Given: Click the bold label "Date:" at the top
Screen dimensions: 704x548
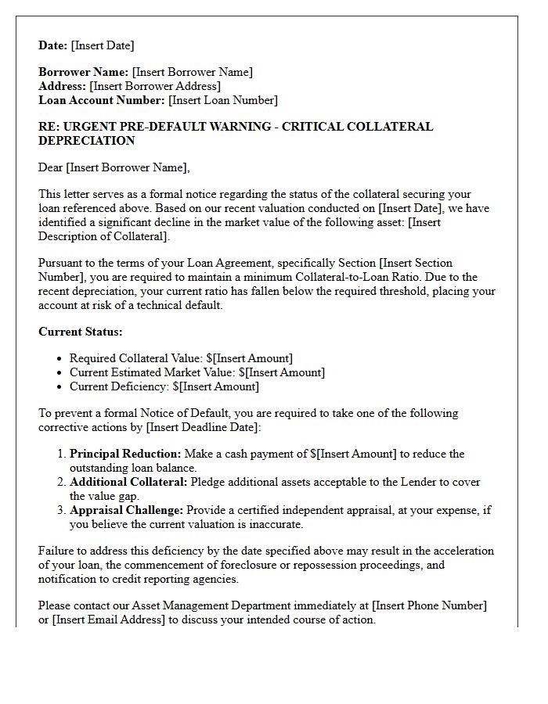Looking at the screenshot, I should (53, 45).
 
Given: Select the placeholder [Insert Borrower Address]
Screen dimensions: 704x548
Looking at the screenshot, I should (155, 86).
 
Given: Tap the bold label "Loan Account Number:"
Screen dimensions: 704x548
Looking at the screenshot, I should (102, 100).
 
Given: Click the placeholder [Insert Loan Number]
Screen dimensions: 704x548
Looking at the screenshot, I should (223, 100).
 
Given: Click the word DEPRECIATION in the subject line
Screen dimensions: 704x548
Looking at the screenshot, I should (86, 141).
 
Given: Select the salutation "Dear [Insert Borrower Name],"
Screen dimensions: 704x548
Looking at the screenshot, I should (114, 167).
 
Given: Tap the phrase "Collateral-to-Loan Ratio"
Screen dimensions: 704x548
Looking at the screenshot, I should (370, 277).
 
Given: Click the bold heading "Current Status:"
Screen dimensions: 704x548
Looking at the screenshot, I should (81, 332).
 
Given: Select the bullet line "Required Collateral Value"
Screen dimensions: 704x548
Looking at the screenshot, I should (181, 358).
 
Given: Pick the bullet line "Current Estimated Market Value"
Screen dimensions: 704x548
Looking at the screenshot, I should (196, 372).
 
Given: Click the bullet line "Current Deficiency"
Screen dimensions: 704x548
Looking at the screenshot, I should (164, 386).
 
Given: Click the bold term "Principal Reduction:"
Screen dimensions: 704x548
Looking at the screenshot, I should (125, 454).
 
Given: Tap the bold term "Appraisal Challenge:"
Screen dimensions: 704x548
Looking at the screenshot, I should (126, 510).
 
